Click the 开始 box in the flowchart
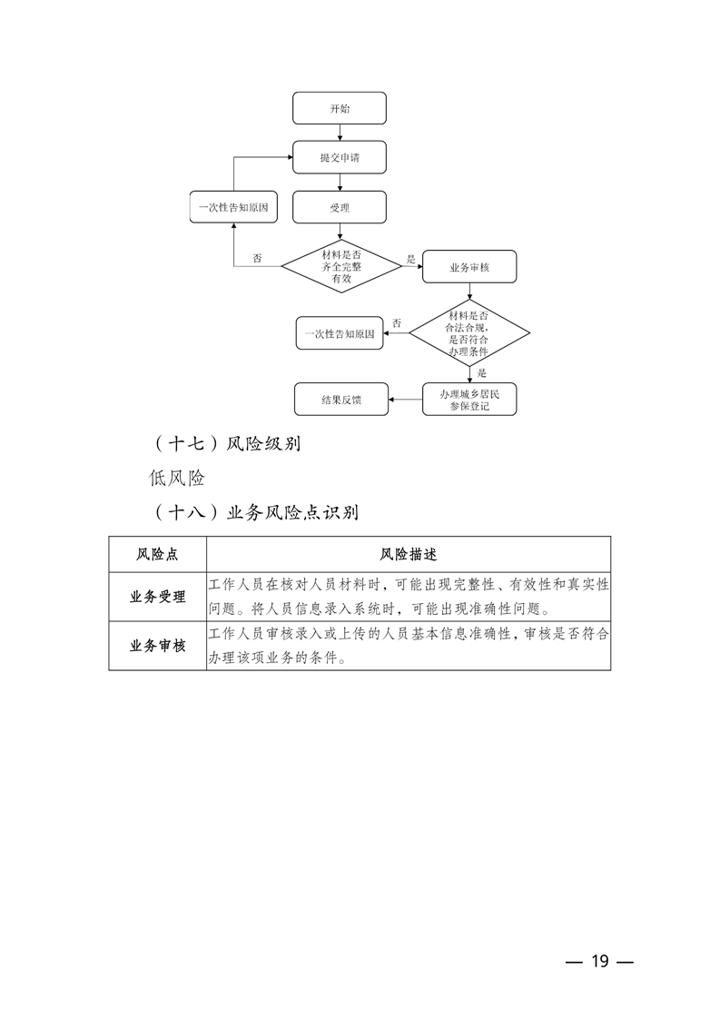[340, 108]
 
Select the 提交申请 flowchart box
[340, 157]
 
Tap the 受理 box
[340, 207]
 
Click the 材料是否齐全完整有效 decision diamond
[340, 266]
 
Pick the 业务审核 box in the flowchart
[469, 268]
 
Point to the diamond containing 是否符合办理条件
[468, 332]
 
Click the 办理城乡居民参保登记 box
[469, 400]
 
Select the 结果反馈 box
[341, 400]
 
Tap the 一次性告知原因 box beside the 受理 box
[233, 207]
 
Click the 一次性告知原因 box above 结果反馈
[340, 333]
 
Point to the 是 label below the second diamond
[482, 373]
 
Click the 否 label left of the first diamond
[257, 259]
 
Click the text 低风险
[178, 479]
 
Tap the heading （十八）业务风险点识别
[254, 512]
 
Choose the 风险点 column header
[157, 554]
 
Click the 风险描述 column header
[409, 554]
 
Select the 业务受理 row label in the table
[157, 597]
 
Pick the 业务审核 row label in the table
[157, 646]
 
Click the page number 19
[598, 962]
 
